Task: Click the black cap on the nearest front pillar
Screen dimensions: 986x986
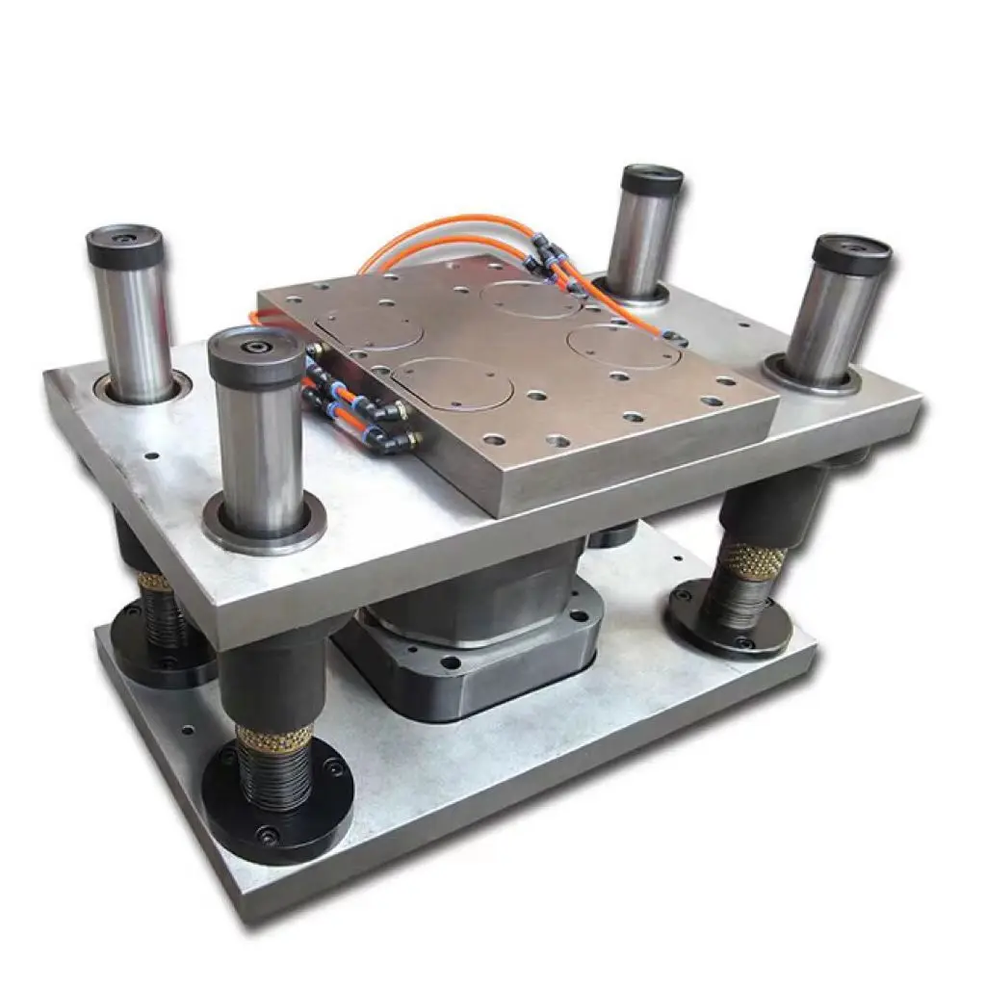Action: (x=256, y=355)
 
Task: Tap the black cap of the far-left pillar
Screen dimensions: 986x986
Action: (x=125, y=246)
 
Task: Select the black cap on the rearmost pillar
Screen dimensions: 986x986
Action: (x=652, y=181)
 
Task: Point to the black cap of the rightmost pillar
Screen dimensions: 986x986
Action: (x=851, y=254)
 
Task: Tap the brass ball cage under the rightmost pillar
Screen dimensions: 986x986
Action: (x=750, y=561)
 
